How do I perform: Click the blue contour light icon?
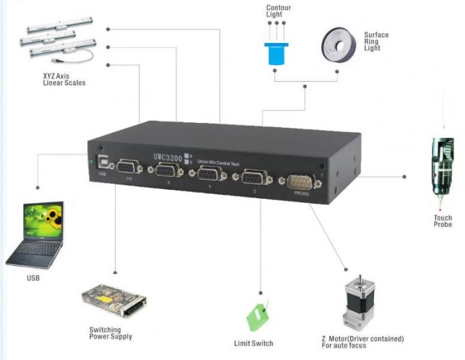[276, 53]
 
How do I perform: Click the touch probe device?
[440, 171]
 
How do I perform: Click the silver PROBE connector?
[298, 183]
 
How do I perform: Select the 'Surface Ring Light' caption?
[376, 41]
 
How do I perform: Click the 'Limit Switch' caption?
[253, 343]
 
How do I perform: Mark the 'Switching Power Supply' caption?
[110, 333]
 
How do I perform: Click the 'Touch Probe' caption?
[442, 221]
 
